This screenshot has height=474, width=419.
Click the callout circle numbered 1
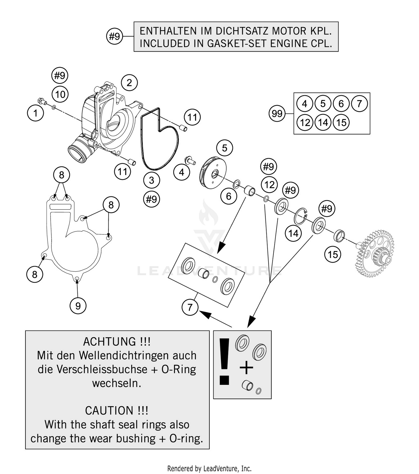pos(35,113)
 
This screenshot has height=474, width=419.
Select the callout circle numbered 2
pos(129,83)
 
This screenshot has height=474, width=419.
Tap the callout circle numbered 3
pos(151,180)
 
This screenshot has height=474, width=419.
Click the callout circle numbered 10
pos(60,94)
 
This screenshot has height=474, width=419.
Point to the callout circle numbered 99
pos(277,113)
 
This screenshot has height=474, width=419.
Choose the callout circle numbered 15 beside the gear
pos(333,254)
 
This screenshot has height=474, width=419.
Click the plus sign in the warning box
pos(246,368)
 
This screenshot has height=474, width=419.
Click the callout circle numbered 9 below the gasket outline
pos(78,306)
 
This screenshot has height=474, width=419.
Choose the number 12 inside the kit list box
pos(305,122)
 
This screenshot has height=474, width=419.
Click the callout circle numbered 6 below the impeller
pos(228,196)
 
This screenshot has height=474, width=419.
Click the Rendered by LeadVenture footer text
pos(209,468)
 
